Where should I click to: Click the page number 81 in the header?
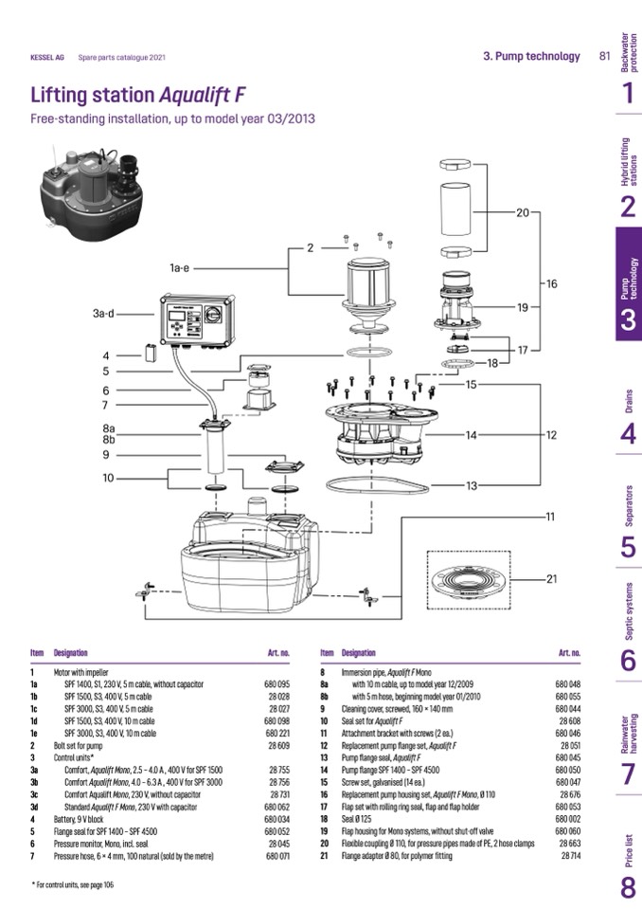click(604, 56)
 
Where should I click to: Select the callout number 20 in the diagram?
click(523, 213)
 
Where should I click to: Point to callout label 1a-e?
click(180, 268)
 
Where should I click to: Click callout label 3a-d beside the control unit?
click(103, 313)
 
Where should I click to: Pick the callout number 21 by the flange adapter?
click(552, 578)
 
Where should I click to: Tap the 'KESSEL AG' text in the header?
click(48, 57)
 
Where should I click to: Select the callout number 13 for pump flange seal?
click(472, 486)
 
